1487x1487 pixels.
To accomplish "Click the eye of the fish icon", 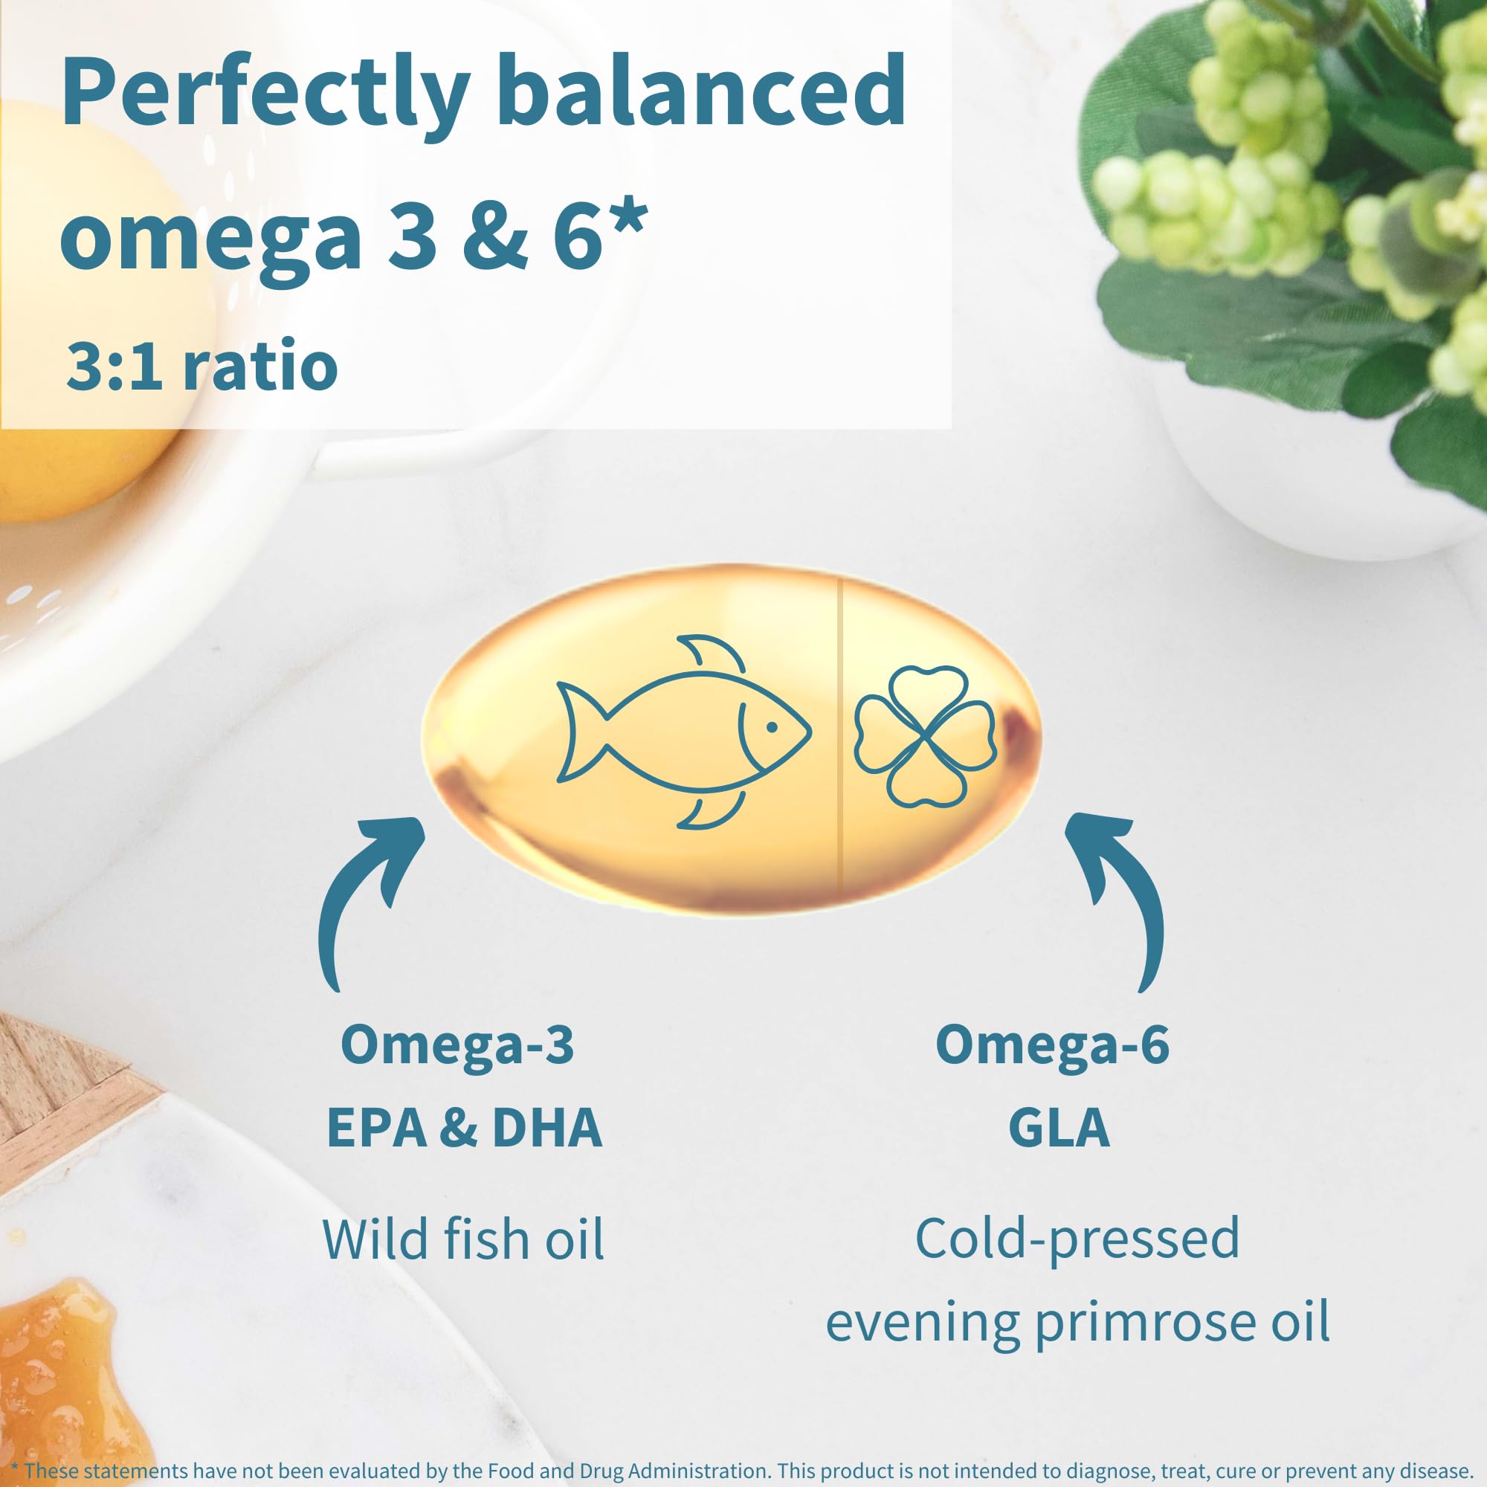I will [772, 726].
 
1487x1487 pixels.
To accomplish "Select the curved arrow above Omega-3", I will [362, 900].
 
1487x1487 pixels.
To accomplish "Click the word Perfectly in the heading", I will [265, 94].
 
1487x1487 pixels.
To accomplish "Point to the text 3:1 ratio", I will [202, 366].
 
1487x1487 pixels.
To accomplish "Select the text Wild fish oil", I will [462, 1241].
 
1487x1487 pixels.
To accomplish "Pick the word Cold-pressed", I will [1077, 1241].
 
